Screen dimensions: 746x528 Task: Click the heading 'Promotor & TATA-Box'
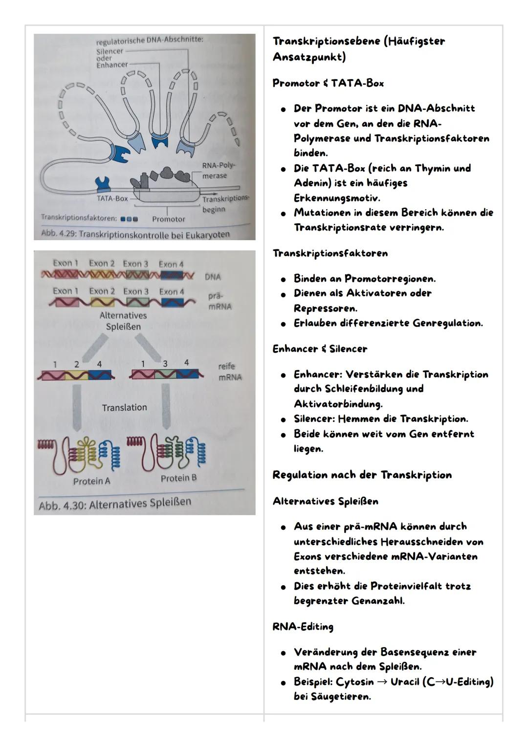pos(328,83)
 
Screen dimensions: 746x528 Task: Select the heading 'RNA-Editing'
pos(303,627)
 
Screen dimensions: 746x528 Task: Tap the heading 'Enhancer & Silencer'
pos(320,349)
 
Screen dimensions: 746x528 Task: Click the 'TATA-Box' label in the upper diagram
pos(112,198)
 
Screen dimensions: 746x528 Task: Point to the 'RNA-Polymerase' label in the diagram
pos(218,171)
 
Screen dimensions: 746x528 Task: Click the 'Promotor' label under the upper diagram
pos(168,219)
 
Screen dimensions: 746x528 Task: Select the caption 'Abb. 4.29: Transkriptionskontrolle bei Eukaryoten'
pos(135,234)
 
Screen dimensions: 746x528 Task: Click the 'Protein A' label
pos(91,481)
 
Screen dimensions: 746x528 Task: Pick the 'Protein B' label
pos(178,478)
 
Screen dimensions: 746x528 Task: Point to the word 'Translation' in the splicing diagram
pos(124,408)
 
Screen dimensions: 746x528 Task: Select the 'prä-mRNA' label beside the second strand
pos(219,302)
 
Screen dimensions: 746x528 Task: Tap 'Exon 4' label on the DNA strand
pos(171,264)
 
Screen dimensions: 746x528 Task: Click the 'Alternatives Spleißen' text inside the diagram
pos(123,321)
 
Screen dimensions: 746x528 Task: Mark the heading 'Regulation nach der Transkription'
pos(362,475)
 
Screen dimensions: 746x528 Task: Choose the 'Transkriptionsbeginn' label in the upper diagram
pos(225,204)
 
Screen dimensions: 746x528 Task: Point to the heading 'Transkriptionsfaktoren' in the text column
pos(330,253)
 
